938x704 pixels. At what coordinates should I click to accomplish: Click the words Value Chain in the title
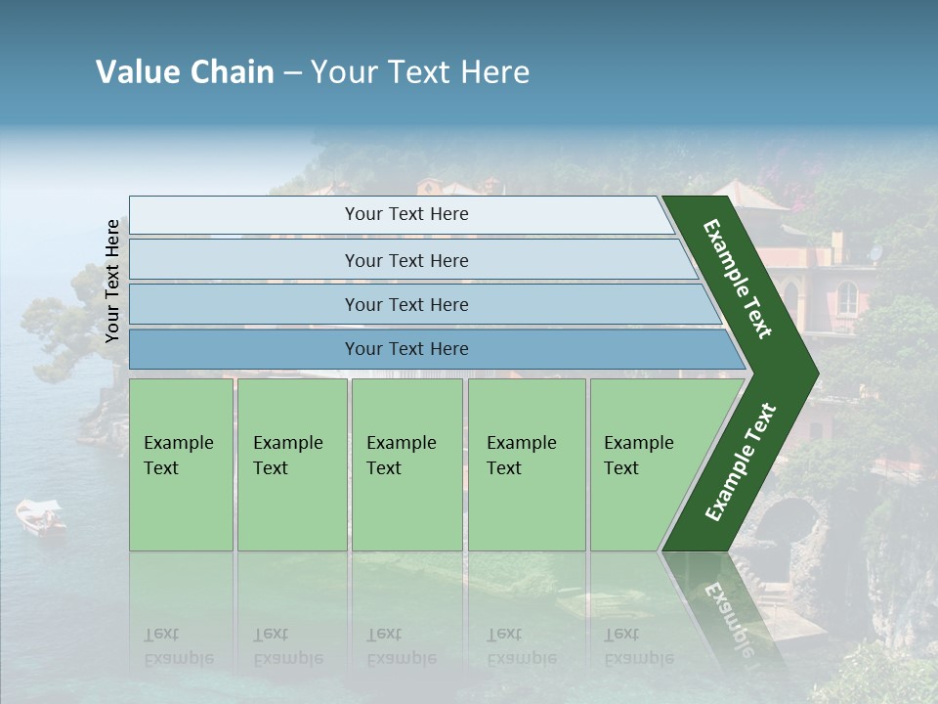click(185, 72)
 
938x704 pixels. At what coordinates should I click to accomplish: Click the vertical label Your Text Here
click(112, 282)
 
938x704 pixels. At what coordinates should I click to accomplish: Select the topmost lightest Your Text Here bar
click(405, 214)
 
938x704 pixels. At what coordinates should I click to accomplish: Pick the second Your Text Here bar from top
click(405, 260)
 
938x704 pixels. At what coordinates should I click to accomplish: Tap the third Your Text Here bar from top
click(405, 304)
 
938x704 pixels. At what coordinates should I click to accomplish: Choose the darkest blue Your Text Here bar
click(405, 349)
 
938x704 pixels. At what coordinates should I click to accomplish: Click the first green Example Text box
click(181, 464)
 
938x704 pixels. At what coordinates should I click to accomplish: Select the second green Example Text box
click(292, 464)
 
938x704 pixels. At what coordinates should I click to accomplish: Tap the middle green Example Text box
click(406, 464)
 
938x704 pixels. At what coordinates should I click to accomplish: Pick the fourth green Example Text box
click(527, 464)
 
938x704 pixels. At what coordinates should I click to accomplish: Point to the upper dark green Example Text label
click(738, 279)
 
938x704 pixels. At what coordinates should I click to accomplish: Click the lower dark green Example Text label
click(741, 462)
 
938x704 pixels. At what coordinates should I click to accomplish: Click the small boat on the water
click(41, 517)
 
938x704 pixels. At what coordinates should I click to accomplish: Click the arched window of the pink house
click(847, 298)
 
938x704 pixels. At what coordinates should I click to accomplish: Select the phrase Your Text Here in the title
click(420, 72)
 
